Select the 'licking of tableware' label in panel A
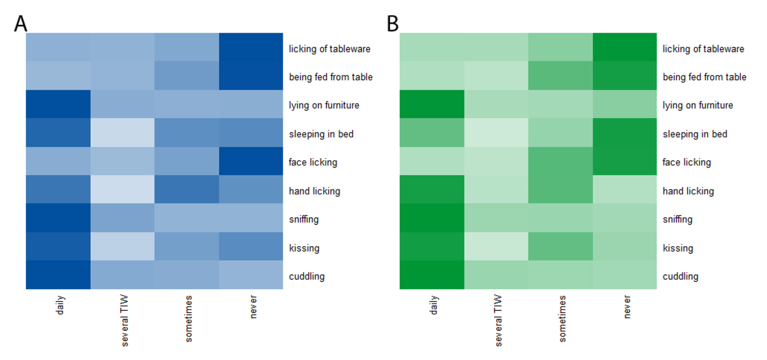pos(329,49)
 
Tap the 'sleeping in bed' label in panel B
pos(694,134)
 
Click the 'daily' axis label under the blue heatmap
pos(59,305)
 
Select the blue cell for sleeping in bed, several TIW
pos(123,134)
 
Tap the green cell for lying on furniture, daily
pos(432,105)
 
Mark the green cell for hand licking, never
pos(625,191)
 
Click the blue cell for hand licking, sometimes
pos(186,191)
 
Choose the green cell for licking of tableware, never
pos(625,48)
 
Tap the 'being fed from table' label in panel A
pos(330,77)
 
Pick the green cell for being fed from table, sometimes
pos(560,77)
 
